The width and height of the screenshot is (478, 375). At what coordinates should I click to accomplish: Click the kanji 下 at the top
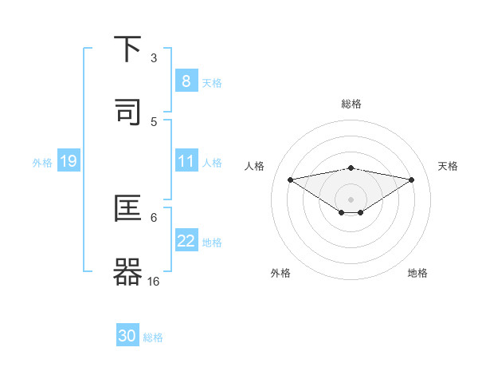[127, 49]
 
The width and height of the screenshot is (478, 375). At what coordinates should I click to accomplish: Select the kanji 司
[127, 111]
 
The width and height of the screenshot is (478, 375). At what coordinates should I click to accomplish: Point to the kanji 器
[127, 271]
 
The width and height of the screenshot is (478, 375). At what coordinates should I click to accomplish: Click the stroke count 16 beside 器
[154, 281]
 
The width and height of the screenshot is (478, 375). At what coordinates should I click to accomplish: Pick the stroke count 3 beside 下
[154, 58]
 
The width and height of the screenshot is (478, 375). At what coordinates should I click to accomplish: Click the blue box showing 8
[186, 81]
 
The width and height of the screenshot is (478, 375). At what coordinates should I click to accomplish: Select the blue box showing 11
[186, 161]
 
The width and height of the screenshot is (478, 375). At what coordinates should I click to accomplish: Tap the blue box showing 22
[186, 241]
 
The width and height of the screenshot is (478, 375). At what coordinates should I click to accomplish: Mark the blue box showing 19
[68, 161]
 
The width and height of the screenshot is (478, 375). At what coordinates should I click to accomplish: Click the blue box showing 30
[127, 336]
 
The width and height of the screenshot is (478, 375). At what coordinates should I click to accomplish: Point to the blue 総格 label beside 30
[153, 337]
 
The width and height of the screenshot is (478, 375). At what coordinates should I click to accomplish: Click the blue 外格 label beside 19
[42, 162]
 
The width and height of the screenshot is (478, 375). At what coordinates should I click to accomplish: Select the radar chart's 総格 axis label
[351, 104]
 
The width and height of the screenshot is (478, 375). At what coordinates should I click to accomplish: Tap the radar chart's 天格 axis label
[449, 166]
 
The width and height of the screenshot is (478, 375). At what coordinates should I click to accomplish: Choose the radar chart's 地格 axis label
[417, 273]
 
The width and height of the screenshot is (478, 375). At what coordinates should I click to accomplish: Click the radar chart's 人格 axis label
[255, 166]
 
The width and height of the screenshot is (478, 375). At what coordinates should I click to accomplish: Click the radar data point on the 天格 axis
[412, 180]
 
